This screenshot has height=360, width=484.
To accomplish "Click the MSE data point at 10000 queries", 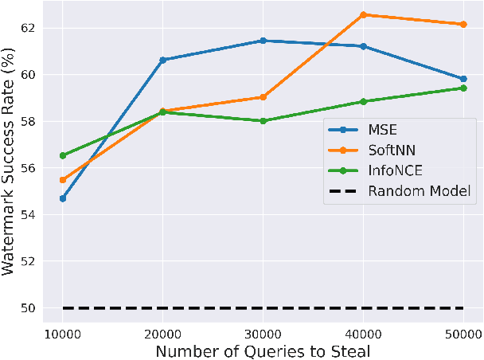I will click(x=62, y=198).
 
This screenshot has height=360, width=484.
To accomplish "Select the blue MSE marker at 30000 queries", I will click(x=263, y=41).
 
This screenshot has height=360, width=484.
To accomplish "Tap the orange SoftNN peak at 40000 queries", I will click(x=363, y=14).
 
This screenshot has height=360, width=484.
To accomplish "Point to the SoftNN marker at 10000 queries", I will click(x=62, y=180).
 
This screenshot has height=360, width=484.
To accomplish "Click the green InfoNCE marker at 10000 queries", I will click(x=62, y=155).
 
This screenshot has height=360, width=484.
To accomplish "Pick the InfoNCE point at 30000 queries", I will click(x=263, y=121).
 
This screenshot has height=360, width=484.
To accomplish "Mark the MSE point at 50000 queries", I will click(x=463, y=79).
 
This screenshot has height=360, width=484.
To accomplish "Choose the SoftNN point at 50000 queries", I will click(x=463, y=24).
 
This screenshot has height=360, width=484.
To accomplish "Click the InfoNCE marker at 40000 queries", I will click(x=363, y=101).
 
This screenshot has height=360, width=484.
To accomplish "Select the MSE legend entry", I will click(x=383, y=131).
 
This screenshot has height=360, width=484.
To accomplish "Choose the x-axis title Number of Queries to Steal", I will click(x=262, y=350).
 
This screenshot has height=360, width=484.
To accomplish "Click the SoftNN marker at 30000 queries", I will click(x=263, y=97).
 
